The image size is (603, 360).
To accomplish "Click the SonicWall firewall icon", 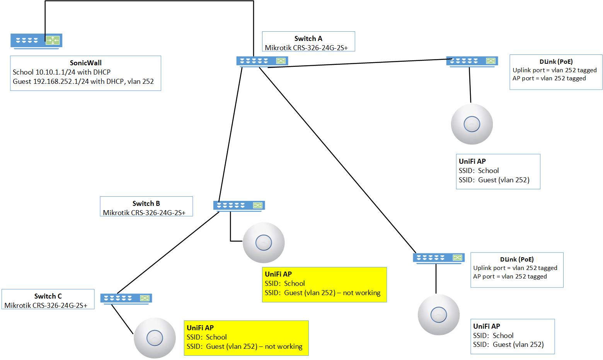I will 36,41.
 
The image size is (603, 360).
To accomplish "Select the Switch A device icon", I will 262,61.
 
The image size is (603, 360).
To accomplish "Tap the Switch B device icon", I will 239,205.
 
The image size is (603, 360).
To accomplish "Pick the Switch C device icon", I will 126,298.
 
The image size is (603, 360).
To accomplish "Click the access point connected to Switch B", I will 264,243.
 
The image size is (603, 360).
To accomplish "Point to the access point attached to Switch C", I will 155,338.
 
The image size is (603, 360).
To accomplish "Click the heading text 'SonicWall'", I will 85,63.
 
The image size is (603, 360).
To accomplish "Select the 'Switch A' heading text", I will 308,39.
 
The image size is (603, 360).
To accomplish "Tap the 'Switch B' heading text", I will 146,204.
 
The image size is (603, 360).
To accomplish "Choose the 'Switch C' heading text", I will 48,296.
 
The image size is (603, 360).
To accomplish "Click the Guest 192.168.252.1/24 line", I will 83,82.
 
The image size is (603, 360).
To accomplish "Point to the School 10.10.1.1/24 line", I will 61,72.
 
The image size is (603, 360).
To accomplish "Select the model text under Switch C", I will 46,306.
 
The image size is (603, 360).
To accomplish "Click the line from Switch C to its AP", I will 122,319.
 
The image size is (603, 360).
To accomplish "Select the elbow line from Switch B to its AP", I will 231,232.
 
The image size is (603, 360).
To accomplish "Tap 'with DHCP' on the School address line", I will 96,72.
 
